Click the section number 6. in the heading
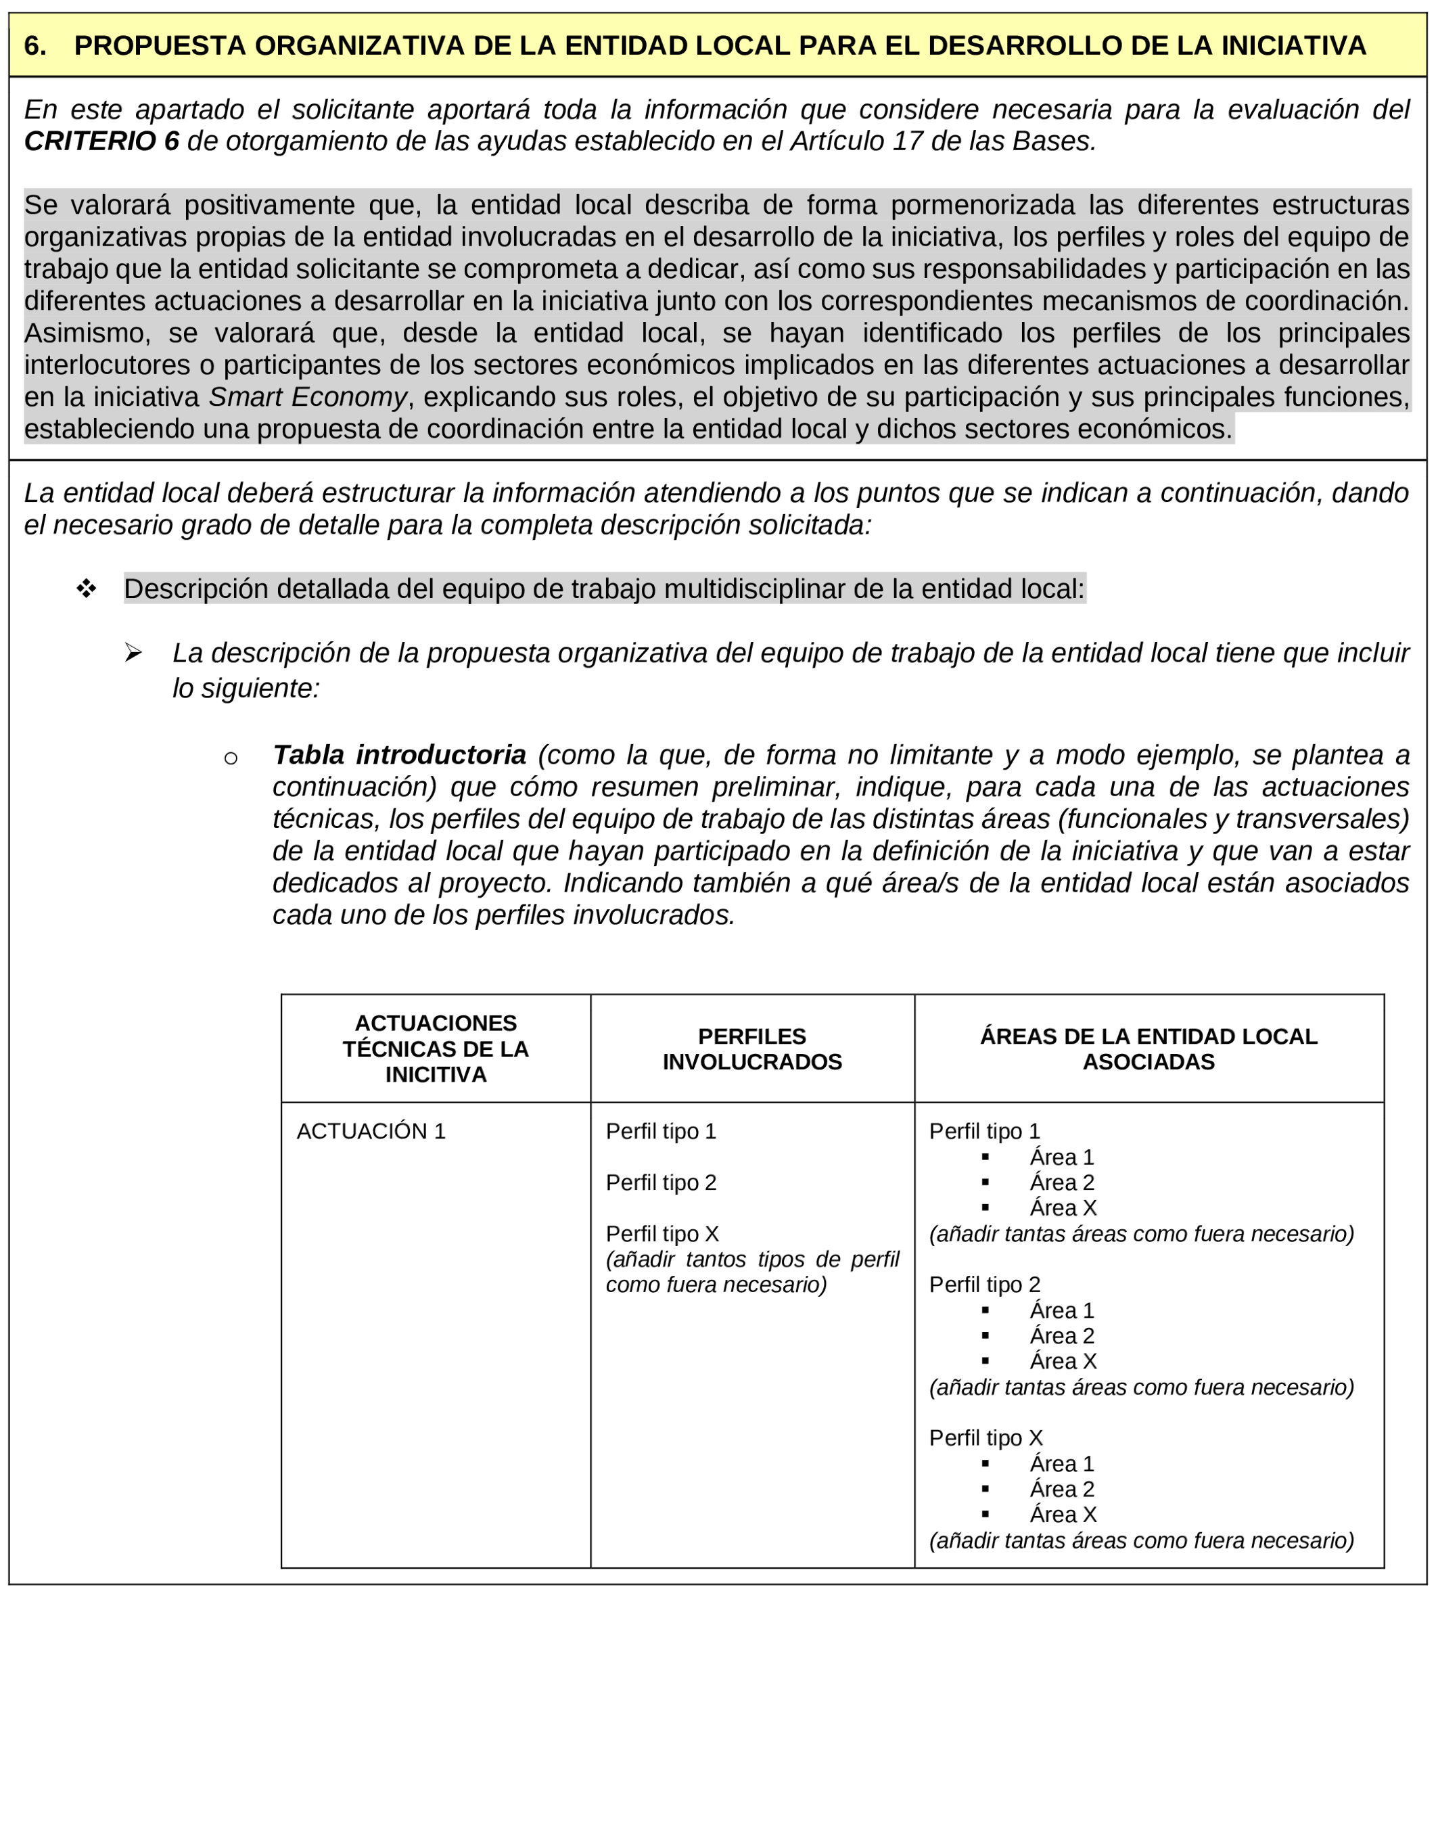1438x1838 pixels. [x=34, y=46]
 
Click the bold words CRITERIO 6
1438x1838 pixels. [x=101, y=141]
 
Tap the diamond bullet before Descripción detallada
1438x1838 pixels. [x=86, y=589]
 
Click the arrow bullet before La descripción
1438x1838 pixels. [x=133, y=653]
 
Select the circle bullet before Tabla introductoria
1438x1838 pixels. [x=231, y=758]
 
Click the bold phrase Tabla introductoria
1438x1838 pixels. [x=399, y=754]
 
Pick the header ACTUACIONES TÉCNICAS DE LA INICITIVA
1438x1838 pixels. [x=436, y=1049]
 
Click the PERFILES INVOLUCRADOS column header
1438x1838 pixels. [x=752, y=1049]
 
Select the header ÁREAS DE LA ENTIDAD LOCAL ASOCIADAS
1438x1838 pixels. [x=1149, y=1049]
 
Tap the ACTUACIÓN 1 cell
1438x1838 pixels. [x=371, y=1131]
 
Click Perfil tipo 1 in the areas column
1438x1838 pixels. [x=984, y=1131]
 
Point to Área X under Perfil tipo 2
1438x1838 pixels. [x=1063, y=1362]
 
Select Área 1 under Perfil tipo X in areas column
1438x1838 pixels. [x=1062, y=1464]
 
